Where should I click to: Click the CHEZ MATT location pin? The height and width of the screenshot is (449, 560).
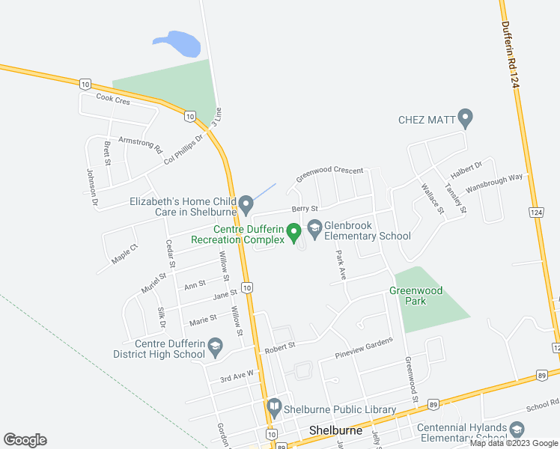[465, 117]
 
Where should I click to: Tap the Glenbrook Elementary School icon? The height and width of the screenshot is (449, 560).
[314, 226]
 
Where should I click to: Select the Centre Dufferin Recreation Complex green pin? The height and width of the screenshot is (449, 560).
[293, 232]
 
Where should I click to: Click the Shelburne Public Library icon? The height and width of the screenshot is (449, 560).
[273, 408]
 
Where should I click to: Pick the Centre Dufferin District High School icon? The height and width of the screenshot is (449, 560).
[215, 346]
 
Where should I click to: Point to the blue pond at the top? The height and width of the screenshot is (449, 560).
[177, 44]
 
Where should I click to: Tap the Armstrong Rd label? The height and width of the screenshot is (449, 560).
[140, 144]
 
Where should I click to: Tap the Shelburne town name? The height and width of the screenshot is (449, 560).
[336, 431]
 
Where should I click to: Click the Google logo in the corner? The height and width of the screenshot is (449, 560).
[25, 439]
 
